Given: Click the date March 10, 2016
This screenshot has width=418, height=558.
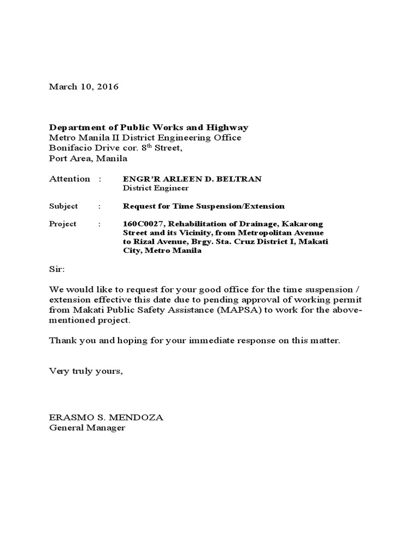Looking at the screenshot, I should click(x=83, y=87).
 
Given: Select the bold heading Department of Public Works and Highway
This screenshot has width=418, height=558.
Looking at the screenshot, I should click(x=149, y=128).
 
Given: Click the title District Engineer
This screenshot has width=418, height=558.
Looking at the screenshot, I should click(x=156, y=189).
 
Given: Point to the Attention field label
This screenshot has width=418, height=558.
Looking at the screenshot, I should click(x=70, y=179).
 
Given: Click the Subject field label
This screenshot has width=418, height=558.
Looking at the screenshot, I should click(x=64, y=206).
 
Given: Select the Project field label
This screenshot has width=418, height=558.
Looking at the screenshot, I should click(x=63, y=223).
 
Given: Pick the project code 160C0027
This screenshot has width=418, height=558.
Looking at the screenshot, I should click(x=141, y=224).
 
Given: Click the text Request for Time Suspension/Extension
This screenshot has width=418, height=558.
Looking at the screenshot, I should click(x=204, y=206).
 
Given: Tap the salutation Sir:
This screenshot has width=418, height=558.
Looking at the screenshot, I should click(x=57, y=269).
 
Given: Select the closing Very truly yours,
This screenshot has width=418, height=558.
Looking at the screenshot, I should click(x=86, y=371).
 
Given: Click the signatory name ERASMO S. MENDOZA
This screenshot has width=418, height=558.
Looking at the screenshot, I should click(x=106, y=417).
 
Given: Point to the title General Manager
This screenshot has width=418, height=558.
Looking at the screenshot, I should click(x=87, y=428).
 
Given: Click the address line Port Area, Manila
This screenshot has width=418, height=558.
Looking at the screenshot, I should click(x=88, y=159).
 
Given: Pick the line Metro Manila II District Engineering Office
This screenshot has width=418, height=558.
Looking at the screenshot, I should click(x=145, y=138).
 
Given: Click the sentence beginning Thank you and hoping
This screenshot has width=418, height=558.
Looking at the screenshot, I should click(x=194, y=340).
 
